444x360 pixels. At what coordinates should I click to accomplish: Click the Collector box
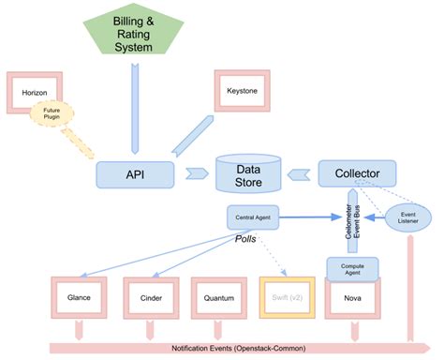pos(357,173)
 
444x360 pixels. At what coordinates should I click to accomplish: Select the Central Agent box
pos(252,217)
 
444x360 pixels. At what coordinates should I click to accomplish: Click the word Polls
pos(245,240)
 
